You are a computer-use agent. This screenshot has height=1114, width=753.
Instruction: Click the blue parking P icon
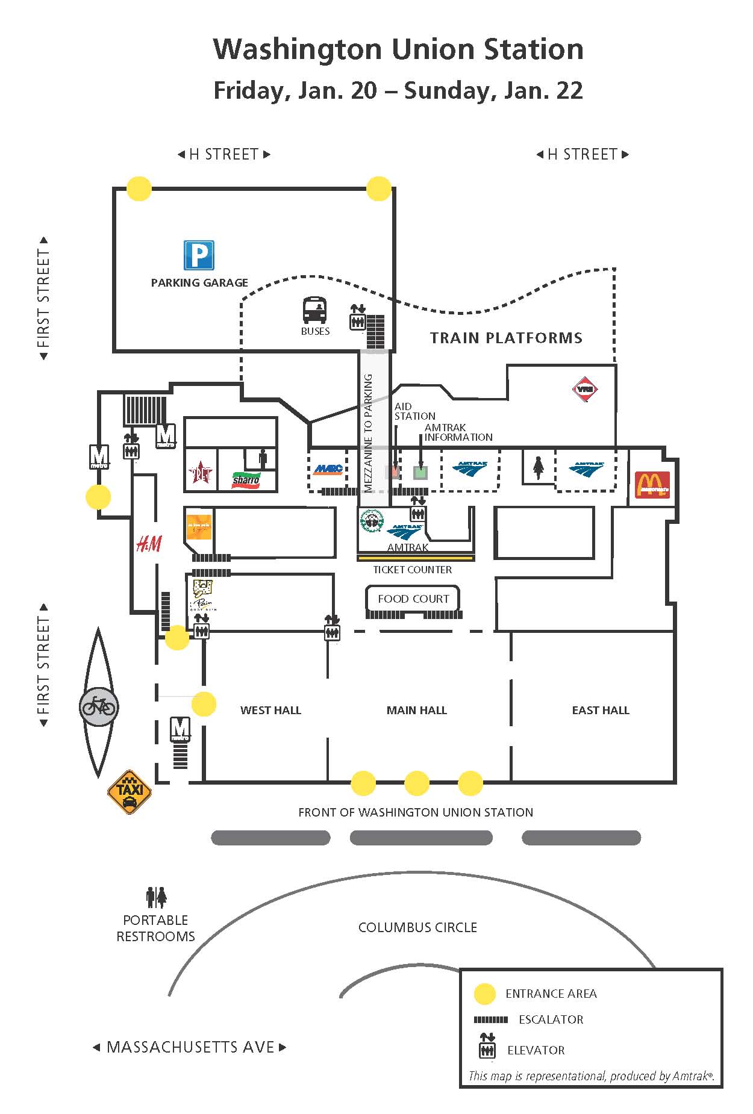[199, 255]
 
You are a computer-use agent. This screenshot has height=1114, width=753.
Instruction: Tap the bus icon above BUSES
[314, 310]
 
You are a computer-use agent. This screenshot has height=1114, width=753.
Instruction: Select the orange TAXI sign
[130, 792]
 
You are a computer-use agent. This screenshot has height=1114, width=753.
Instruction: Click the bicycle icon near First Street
[99, 706]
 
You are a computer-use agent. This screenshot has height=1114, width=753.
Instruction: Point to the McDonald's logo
[652, 485]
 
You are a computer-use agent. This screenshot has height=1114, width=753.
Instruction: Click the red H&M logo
[149, 544]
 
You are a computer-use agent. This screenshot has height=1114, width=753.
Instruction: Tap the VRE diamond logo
[585, 389]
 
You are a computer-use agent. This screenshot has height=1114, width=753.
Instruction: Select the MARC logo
[328, 469]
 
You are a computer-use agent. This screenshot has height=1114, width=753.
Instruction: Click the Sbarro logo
[246, 479]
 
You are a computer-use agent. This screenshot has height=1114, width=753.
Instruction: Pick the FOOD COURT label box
[413, 599]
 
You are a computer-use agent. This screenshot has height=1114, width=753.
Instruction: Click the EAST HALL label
[600, 711]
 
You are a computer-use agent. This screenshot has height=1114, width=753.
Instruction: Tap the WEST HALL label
[270, 711]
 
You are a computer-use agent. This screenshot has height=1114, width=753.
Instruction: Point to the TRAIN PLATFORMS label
[506, 338]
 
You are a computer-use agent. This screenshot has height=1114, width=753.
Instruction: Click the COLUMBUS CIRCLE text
[417, 927]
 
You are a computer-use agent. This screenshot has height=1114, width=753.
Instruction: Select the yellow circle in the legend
[485, 994]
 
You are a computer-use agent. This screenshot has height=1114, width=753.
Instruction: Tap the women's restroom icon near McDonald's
[538, 468]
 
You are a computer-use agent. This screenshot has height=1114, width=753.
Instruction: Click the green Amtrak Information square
[420, 473]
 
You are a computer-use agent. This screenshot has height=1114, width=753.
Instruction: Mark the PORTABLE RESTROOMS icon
[156, 897]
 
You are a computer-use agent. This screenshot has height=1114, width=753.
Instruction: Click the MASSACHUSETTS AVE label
[190, 1047]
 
